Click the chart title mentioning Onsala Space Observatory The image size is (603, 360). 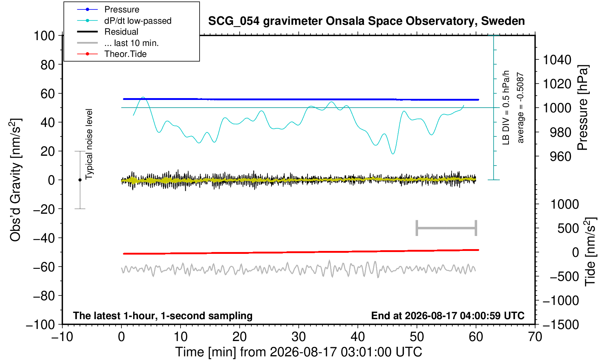click(x=366, y=21)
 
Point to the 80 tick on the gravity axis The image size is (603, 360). click(x=48, y=65)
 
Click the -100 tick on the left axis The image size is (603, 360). click(x=40, y=325)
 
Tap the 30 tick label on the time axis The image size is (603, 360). click(x=298, y=337)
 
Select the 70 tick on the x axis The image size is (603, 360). click(x=535, y=337)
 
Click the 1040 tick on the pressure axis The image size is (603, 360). click(x=557, y=60)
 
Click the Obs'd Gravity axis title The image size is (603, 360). click(x=15, y=180)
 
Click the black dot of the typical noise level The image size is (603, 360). click(x=80, y=180)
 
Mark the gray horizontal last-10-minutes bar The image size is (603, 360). click(x=447, y=228)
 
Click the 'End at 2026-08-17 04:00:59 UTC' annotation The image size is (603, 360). click(x=448, y=316)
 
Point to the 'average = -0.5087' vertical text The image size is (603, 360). click(x=521, y=108)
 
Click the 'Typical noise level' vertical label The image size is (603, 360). click(x=89, y=144)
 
